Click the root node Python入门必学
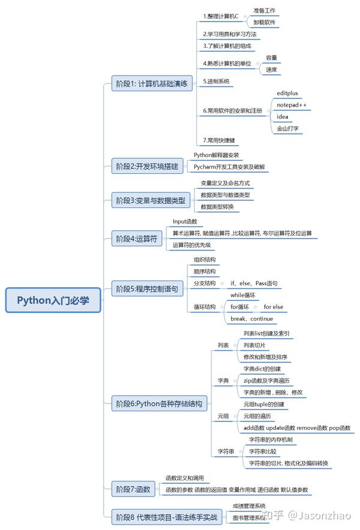pos(53,300)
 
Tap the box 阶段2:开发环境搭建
pos(147,166)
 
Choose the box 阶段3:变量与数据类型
pos(151,199)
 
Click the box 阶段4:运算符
pos(136,239)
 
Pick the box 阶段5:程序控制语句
pos(146,289)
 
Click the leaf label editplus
pos(287,94)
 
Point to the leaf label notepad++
pos(291,105)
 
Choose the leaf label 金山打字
pos(288,128)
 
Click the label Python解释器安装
pos(216,155)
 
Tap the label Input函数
pos(185,222)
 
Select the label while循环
pos(243,296)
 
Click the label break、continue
pos(251,318)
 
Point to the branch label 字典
pos(223,381)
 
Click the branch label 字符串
pos(226,451)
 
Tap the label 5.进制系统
pos(216,81)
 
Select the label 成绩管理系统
pos(248,506)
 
